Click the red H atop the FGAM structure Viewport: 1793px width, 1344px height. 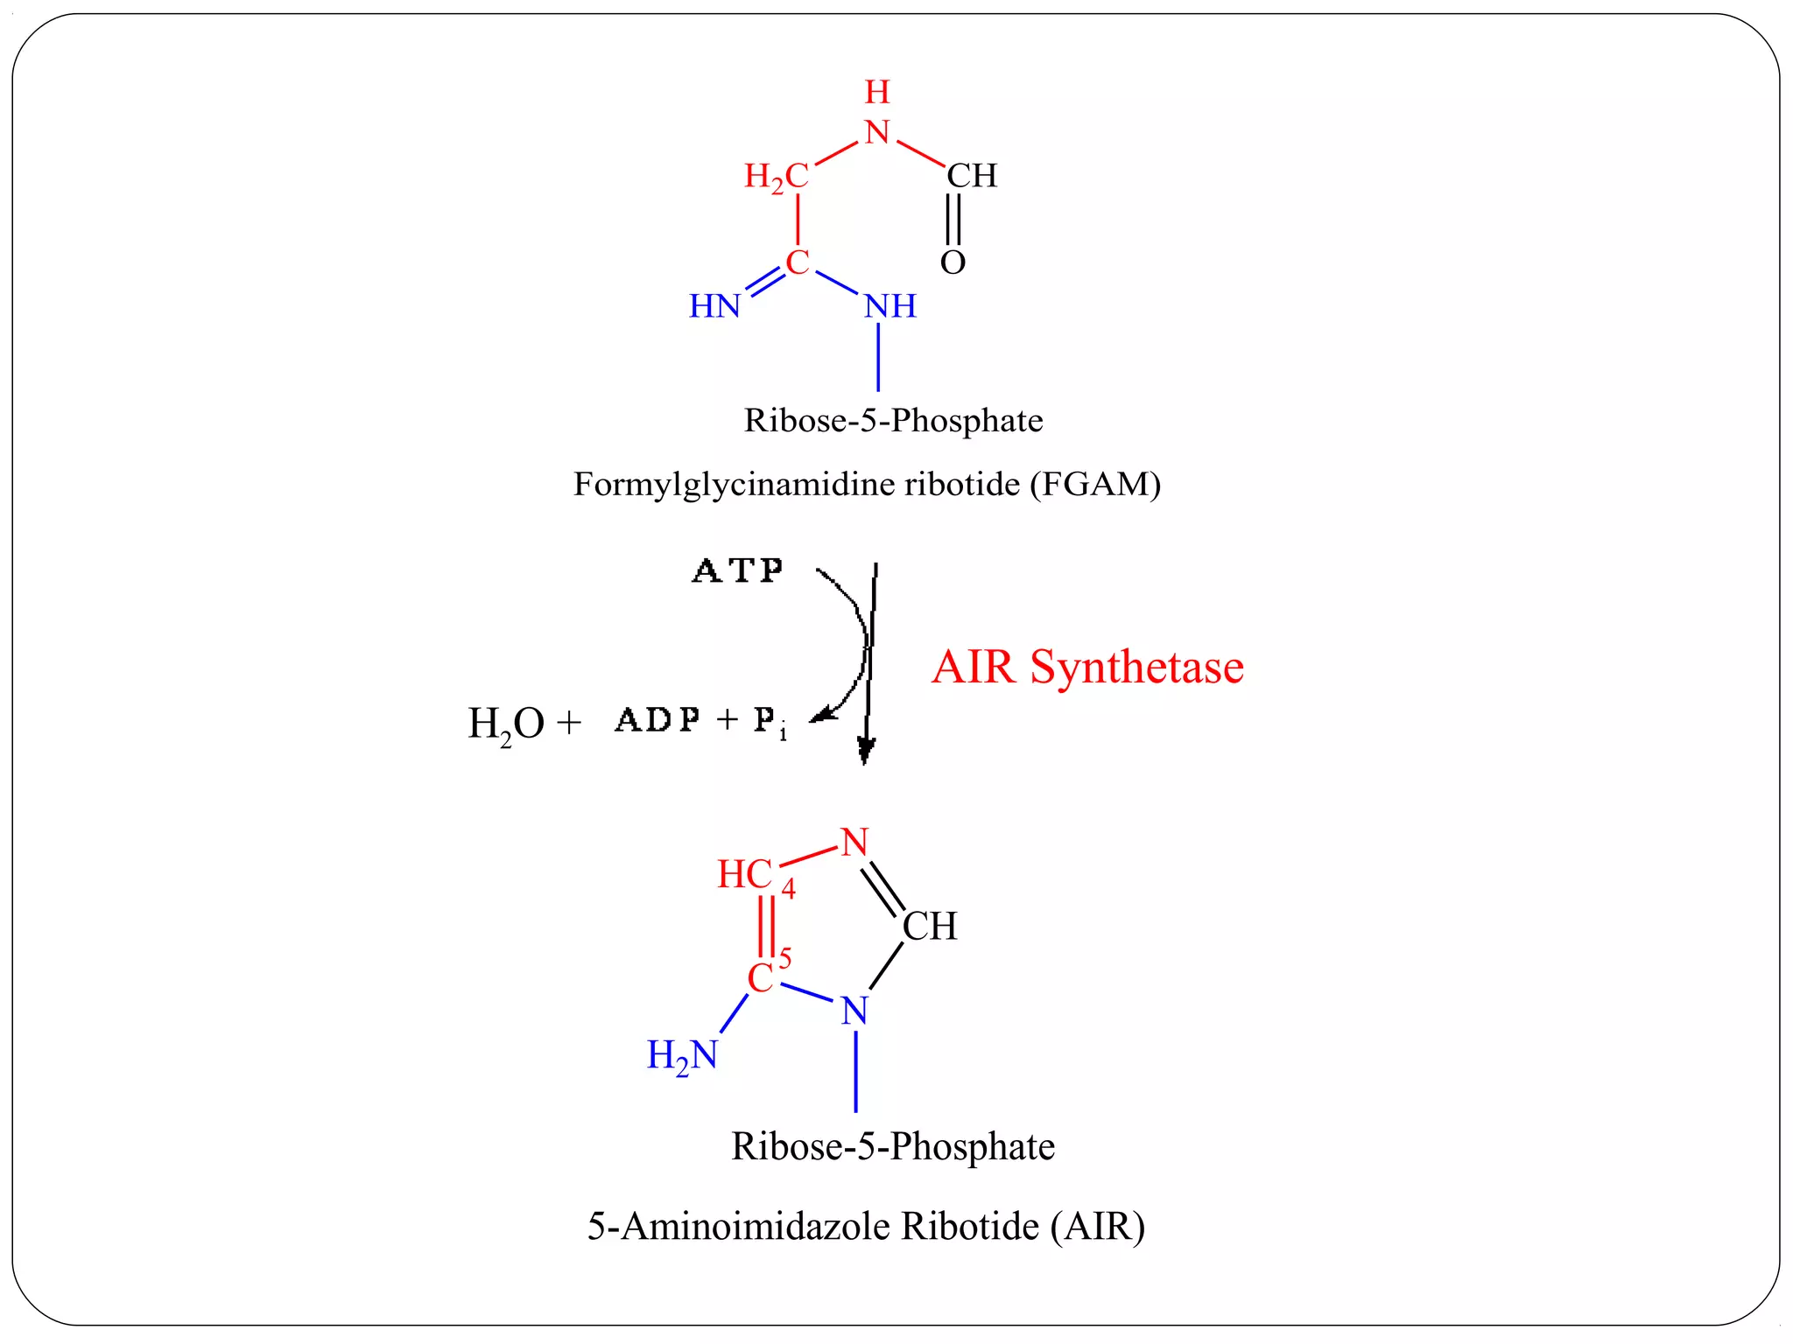[x=877, y=92]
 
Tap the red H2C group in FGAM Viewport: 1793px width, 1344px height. [x=777, y=176]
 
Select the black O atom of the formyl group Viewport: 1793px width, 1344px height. [x=953, y=262]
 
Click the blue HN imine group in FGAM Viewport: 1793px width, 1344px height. [x=714, y=306]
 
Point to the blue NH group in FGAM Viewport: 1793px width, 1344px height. [x=890, y=306]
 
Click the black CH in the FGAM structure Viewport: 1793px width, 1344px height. [x=972, y=176]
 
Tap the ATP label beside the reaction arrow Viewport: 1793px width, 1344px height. [x=738, y=571]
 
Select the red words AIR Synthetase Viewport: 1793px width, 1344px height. [x=1087, y=667]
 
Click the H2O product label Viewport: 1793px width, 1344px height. [x=506, y=724]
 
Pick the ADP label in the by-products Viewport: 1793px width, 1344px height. [x=657, y=720]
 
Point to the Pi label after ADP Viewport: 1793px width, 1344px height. [x=770, y=723]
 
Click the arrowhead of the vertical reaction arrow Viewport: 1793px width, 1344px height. [x=866, y=751]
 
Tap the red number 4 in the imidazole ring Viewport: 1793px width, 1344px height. [x=789, y=890]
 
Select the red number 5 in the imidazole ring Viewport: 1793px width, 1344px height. [x=785, y=959]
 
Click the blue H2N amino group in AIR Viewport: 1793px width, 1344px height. [x=682, y=1055]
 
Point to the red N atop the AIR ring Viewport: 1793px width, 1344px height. [x=854, y=843]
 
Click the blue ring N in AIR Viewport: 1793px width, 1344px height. [x=854, y=1011]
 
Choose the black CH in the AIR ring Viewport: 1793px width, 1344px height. [x=930, y=926]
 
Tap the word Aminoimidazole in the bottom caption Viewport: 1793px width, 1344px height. [x=756, y=1227]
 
